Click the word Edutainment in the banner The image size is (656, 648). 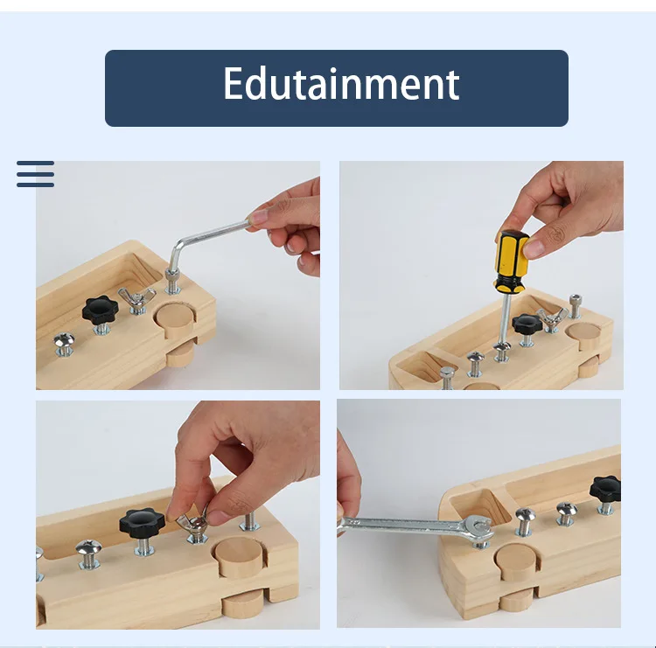(340, 85)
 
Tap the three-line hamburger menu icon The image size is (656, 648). (35, 174)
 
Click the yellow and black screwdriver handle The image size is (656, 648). (510, 260)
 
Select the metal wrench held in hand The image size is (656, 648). (411, 526)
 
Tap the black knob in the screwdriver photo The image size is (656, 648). (527, 324)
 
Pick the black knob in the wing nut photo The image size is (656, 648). (142, 523)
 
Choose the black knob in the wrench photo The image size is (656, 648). (605, 488)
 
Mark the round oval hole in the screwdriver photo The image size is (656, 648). (583, 331)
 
